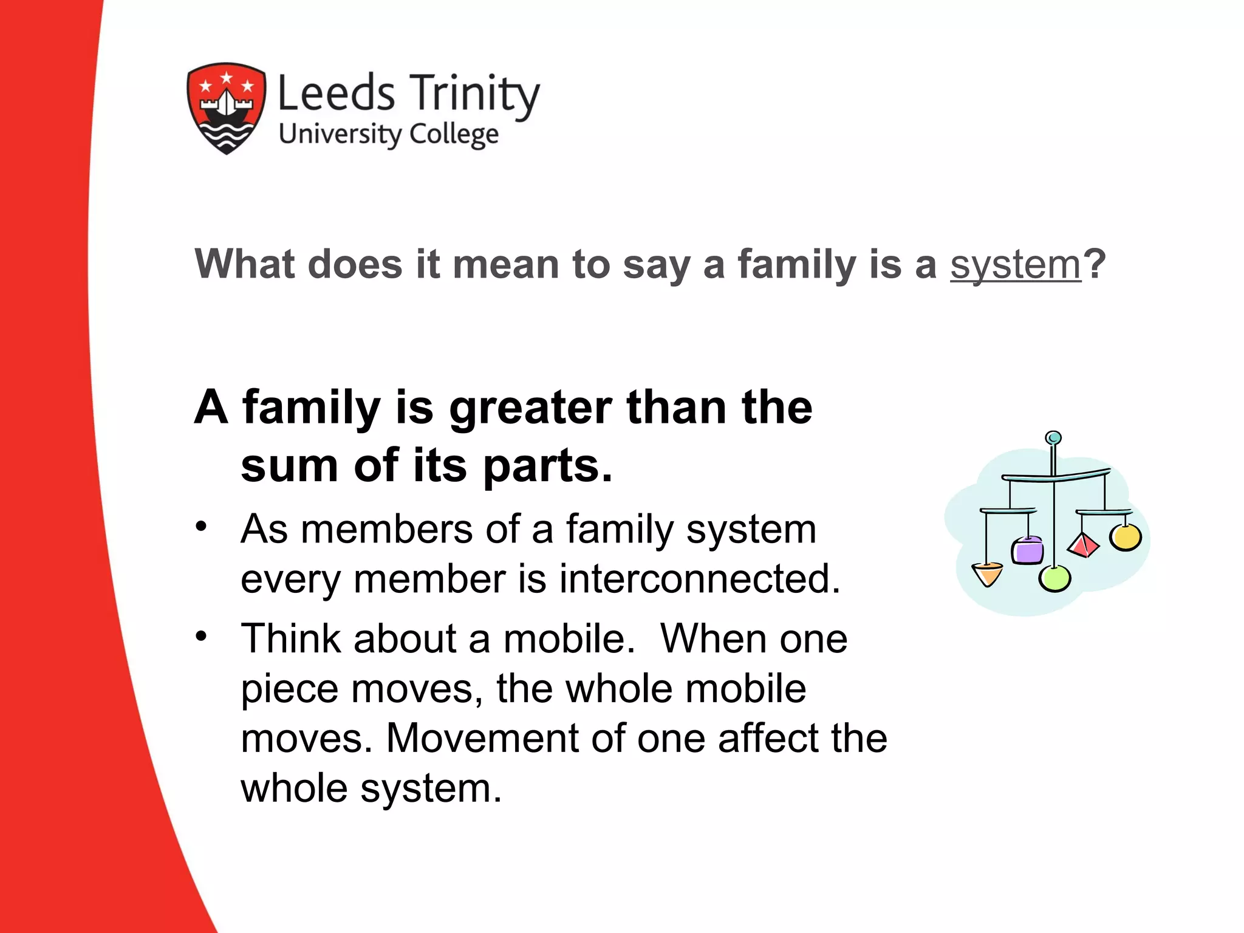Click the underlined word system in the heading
click(1016, 265)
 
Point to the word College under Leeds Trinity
click(454, 134)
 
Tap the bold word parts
click(547, 466)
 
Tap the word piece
click(289, 690)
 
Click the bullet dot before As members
click(201, 526)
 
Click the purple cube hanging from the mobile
click(1027, 550)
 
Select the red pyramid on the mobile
click(1082, 545)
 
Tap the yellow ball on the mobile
click(1126, 537)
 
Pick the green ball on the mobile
click(1054, 578)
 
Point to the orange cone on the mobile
click(987, 574)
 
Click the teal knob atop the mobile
click(1053, 438)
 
